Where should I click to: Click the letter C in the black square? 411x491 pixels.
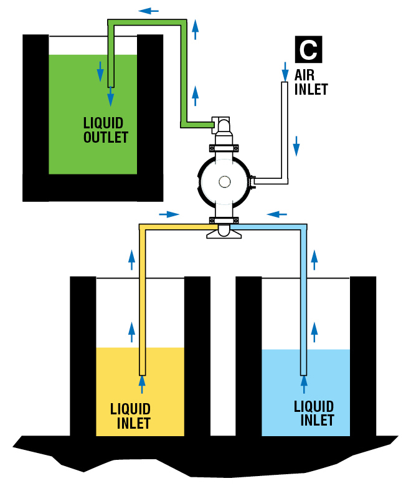(308, 50)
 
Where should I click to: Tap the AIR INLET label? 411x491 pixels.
(311, 82)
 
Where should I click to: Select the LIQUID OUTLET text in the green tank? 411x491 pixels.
(105, 130)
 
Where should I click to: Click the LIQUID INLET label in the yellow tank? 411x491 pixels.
(131, 416)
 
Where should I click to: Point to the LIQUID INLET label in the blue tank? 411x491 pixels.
(314, 413)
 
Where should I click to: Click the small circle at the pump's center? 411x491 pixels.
(224, 181)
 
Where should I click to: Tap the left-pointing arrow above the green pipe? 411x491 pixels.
(148, 11)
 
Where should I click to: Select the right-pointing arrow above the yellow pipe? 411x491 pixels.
(169, 214)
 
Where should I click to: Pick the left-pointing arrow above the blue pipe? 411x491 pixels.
(278, 214)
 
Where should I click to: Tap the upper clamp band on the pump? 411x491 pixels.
(224, 148)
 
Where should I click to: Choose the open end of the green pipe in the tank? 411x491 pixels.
(110, 85)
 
